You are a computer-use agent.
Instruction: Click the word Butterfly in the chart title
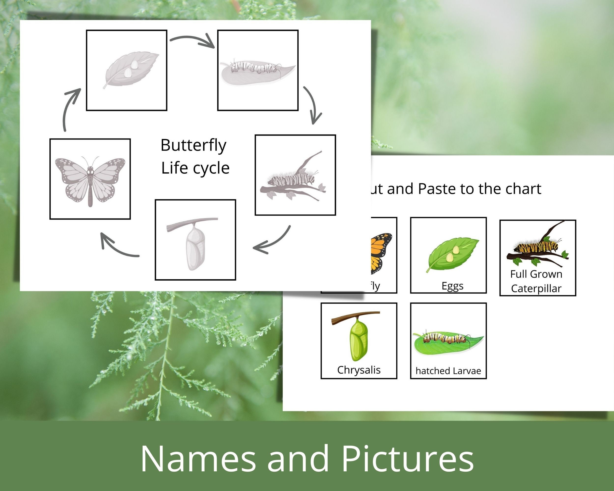(193, 145)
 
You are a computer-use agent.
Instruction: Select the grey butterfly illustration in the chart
(90, 179)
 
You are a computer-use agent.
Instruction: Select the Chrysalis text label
(359, 370)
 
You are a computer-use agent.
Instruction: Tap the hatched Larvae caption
(448, 371)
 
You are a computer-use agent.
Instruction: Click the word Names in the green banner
(198, 459)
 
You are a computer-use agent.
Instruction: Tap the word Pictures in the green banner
(407, 459)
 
